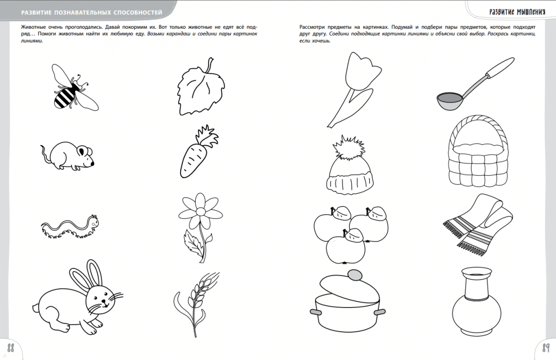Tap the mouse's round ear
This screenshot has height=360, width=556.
click(84, 151)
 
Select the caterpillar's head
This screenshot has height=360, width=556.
click(94, 221)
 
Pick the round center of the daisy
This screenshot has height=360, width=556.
click(200, 212)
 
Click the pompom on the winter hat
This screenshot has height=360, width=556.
click(350, 147)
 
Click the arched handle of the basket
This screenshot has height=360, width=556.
click(478, 132)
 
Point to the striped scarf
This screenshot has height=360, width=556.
click(478, 221)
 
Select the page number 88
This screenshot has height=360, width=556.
click(11, 348)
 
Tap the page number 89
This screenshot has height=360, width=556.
click(545, 347)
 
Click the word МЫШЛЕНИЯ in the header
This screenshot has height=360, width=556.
click(531, 11)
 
